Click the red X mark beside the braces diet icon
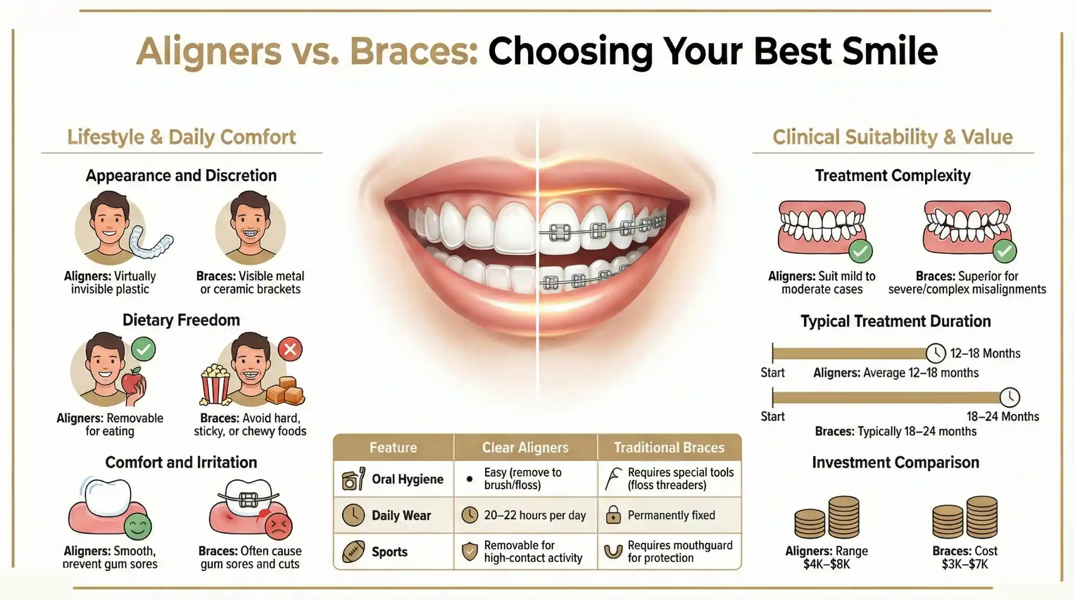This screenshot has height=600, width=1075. pyautogui.click(x=290, y=349)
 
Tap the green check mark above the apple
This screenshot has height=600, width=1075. pyautogui.click(x=143, y=349)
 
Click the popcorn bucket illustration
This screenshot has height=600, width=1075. pyautogui.click(x=215, y=385)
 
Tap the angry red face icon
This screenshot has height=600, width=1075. pyautogui.click(x=279, y=526)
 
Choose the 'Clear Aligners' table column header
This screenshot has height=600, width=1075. pyautogui.click(x=525, y=448)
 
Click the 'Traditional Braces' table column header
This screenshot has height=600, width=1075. pyautogui.click(x=669, y=448)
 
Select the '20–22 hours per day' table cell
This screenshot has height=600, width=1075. pyautogui.click(x=534, y=515)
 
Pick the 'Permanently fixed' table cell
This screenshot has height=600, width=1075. pyautogui.click(x=671, y=515)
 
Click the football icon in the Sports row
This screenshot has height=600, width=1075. pyautogui.click(x=353, y=552)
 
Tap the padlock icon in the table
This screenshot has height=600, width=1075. pyautogui.click(x=613, y=515)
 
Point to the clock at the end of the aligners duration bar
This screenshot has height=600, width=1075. pyautogui.click(x=936, y=353)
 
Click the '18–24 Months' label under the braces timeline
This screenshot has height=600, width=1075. pyautogui.click(x=1003, y=416)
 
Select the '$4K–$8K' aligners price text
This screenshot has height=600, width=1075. pyautogui.click(x=826, y=564)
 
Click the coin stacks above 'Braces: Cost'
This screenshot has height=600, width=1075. pyautogui.click(x=965, y=518)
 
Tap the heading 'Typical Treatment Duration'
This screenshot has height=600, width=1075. pyautogui.click(x=896, y=321)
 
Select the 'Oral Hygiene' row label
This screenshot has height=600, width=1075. pyautogui.click(x=407, y=479)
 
